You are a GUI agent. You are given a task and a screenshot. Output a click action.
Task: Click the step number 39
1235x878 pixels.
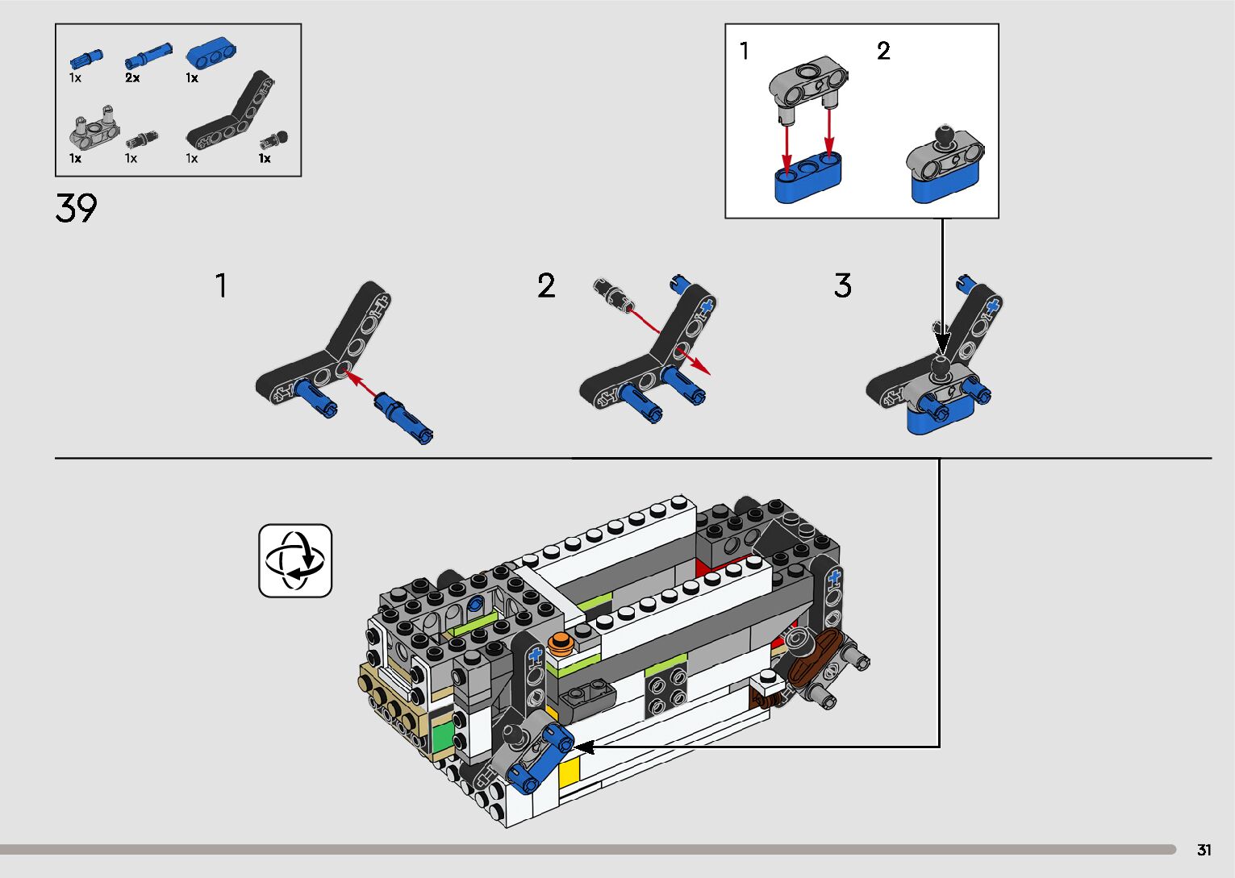(76, 208)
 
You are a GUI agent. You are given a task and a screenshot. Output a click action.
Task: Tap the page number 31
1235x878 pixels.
(1204, 850)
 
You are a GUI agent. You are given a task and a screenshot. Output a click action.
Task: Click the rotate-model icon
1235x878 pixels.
(295, 560)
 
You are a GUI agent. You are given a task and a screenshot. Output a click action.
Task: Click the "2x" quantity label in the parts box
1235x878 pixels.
(132, 77)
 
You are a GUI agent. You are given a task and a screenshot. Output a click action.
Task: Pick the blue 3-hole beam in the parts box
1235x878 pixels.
(211, 53)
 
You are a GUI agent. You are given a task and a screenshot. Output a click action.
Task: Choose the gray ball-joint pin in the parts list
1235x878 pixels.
(274, 140)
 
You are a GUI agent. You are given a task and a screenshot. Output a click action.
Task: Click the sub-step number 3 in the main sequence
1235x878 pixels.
(842, 285)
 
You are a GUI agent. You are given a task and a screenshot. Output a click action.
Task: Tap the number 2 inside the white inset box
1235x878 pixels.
(883, 51)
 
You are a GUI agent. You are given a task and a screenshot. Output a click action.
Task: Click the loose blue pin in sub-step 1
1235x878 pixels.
(403, 419)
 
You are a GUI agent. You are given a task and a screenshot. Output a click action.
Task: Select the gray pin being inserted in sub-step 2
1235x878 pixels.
(613, 295)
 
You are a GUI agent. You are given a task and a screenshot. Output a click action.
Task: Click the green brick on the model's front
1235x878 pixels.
(444, 739)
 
